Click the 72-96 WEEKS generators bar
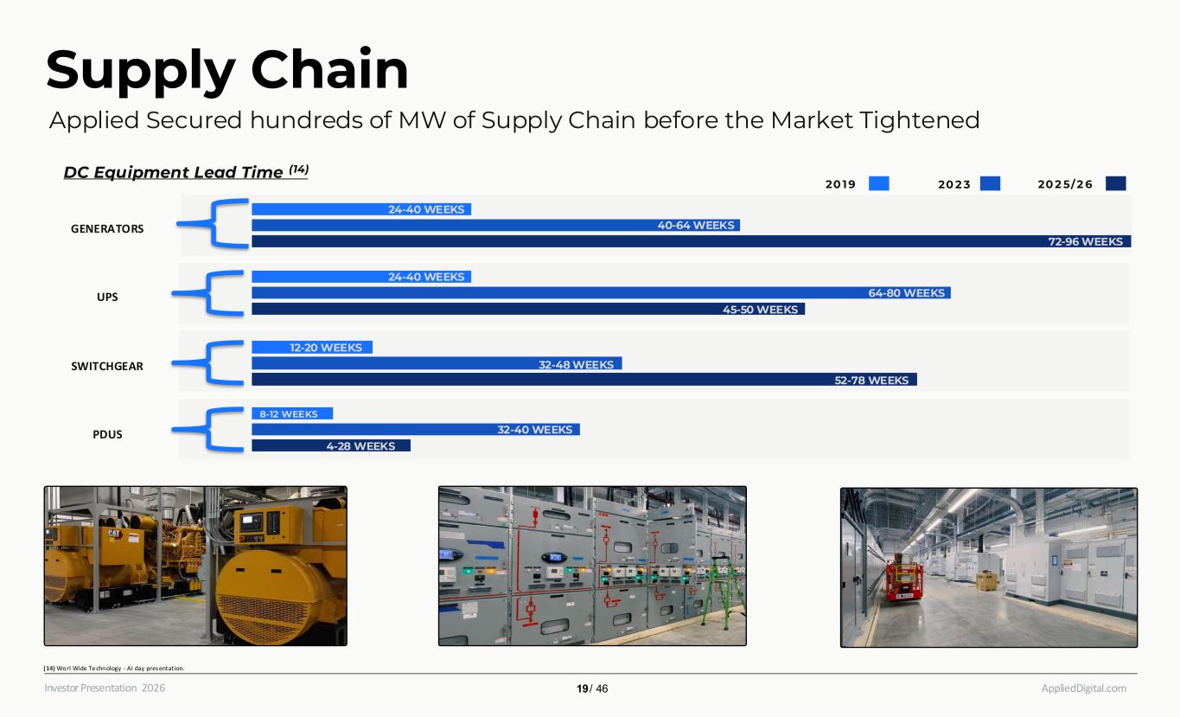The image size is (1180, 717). [x=692, y=241]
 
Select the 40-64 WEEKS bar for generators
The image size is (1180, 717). [x=495, y=225]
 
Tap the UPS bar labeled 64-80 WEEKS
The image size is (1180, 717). [x=601, y=292]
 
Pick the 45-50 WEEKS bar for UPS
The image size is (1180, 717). [x=528, y=309]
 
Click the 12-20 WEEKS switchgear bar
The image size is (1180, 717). [x=312, y=348]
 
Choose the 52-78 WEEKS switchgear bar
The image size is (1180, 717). [x=584, y=380]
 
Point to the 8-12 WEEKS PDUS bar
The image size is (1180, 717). [x=292, y=414]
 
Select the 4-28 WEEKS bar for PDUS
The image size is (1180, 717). [x=331, y=446]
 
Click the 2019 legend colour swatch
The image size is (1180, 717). [x=878, y=183]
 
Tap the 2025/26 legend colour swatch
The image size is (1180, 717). [x=1116, y=183]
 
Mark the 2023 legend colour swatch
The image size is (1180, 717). [x=991, y=183]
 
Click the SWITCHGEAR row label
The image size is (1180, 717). [x=107, y=367]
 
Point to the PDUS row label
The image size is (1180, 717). [x=107, y=434]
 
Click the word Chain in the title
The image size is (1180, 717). [x=329, y=69]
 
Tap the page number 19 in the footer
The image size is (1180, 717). [x=582, y=688]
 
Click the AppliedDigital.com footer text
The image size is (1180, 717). [x=1083, y=688]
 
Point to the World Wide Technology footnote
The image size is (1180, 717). [x=114, y=668]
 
